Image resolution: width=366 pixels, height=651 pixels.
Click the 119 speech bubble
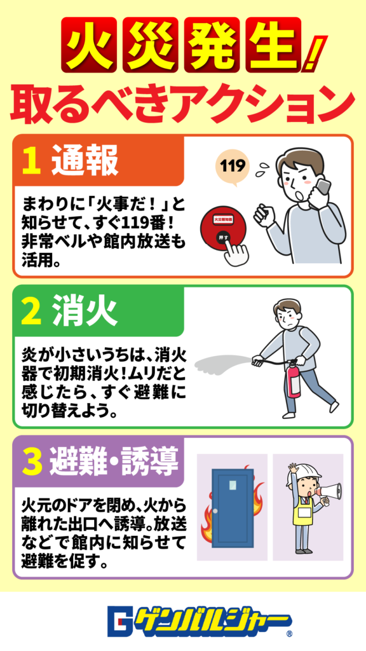click(232, 168)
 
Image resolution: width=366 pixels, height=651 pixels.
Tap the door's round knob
click(215, 511)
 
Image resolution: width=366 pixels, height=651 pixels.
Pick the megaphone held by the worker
click(330, 492)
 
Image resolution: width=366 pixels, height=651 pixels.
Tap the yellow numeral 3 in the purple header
click(32, 463)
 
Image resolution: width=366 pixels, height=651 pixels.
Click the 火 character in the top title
click(88, 45)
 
